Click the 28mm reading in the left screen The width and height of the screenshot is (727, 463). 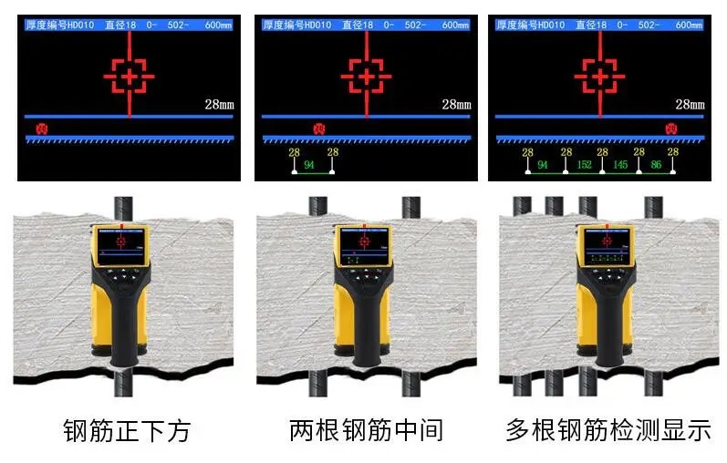219,105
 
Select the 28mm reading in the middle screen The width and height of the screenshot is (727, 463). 456,105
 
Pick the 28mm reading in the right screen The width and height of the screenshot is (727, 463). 690,105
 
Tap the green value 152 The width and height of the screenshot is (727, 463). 584,165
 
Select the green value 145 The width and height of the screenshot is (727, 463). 620,165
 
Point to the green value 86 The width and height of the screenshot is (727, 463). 656,165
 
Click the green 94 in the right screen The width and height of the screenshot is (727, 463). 544,165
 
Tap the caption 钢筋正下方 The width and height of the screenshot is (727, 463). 127,429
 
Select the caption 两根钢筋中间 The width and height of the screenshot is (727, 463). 366,429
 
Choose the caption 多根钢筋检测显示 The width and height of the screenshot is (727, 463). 608,429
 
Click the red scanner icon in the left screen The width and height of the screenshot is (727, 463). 41,129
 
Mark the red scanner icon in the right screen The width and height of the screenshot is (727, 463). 672,129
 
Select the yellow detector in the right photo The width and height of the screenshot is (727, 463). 602,292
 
